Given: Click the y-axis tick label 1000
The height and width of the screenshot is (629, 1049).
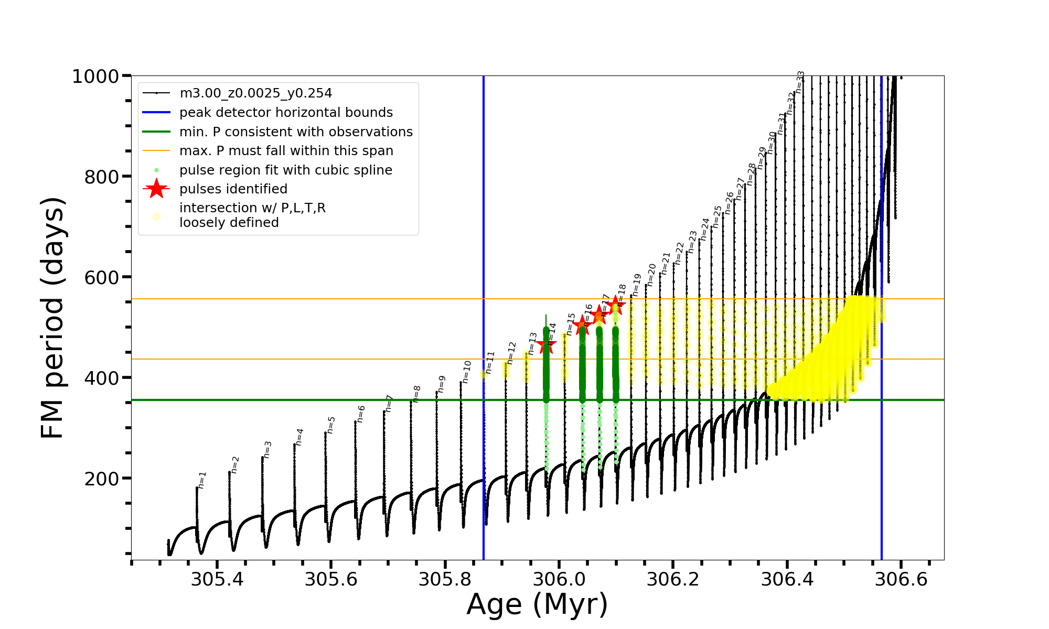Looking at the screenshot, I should coord(95,77).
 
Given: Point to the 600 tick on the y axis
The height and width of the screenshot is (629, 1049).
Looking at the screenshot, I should coord(101,277).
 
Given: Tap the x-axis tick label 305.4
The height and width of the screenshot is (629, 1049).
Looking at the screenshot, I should coord(217,579).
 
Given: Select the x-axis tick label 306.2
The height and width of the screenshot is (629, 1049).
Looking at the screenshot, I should coord(673,579).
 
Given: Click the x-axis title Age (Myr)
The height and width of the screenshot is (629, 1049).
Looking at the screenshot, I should coord(537,604).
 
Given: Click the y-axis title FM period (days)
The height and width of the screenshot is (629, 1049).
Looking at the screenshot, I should coord(53,318).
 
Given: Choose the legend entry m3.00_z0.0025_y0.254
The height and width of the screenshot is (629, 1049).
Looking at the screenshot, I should coord(255,93).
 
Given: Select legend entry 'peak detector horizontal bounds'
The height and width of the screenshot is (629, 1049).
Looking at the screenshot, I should coord(286,113).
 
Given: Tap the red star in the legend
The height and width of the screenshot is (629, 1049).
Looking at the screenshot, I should coord(156,189).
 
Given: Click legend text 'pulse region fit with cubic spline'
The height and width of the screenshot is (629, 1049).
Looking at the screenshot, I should coord(286,170).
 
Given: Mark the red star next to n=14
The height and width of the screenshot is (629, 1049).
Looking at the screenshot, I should coord(547,345).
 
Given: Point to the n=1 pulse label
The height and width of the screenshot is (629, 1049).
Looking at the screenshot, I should coord(202,480).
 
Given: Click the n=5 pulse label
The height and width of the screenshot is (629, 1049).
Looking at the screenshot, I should coord(330,425).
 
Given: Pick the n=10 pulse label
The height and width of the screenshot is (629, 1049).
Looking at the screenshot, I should coord(467,372).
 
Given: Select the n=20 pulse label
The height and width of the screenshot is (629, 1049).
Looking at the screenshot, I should coord(651,274).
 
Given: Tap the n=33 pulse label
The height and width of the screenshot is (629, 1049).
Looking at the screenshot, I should coord(800,82).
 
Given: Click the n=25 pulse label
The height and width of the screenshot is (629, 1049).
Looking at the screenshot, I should coord(718,216).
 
